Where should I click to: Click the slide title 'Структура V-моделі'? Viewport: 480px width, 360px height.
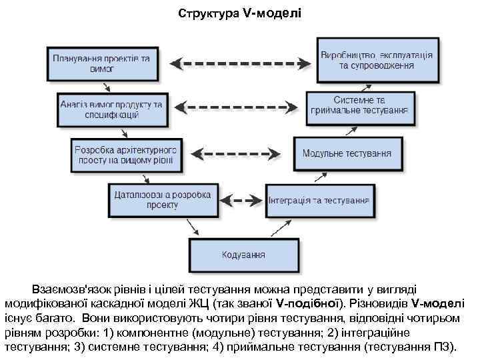[240, 13]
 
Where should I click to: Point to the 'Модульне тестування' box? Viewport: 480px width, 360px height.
[347, 153]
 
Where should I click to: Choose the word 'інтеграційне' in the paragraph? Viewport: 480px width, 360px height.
[377, 332]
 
